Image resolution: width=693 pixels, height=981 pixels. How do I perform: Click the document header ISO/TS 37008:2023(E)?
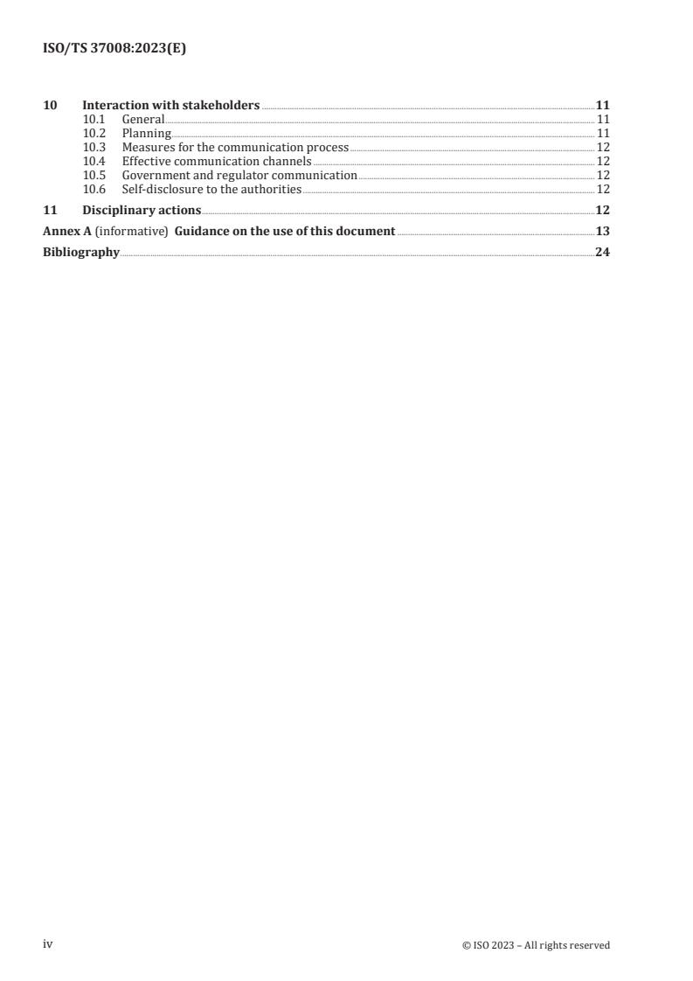pos(114,49)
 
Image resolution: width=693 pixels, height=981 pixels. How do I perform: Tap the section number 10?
pos(50,106)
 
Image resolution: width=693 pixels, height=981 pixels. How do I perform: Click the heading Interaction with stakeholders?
pos(170,106)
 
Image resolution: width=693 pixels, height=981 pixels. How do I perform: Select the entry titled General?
pos(143,119)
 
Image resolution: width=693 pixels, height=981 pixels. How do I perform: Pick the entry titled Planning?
pos(146,134)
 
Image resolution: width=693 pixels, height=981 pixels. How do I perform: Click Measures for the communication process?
pos(235,148)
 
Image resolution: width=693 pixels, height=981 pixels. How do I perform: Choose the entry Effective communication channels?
pos(217,162)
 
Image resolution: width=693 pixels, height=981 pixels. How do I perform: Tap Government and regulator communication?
pos(239,176)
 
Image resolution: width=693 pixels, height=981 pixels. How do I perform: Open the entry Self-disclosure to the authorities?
pos(211,190)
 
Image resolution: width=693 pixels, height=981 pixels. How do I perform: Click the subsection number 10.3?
pos(94,148)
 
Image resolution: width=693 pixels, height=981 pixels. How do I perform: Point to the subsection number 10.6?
pos(94,190)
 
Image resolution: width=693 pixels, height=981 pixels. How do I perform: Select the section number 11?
pos(50,211)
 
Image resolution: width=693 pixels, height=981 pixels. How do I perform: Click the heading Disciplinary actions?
pos(142,211)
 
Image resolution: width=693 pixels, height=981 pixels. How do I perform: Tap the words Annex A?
pos(66,232)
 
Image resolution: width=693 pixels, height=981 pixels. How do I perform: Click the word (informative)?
pos(131,232)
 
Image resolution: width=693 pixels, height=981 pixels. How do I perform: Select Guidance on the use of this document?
pos(285,232)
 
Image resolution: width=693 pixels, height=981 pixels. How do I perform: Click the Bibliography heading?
pos(81,253)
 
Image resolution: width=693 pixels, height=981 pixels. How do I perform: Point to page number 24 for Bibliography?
pos(602,253)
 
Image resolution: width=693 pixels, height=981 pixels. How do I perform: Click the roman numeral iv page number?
pos(48,944)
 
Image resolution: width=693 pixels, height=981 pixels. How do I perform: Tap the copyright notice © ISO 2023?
pos(536,945)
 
